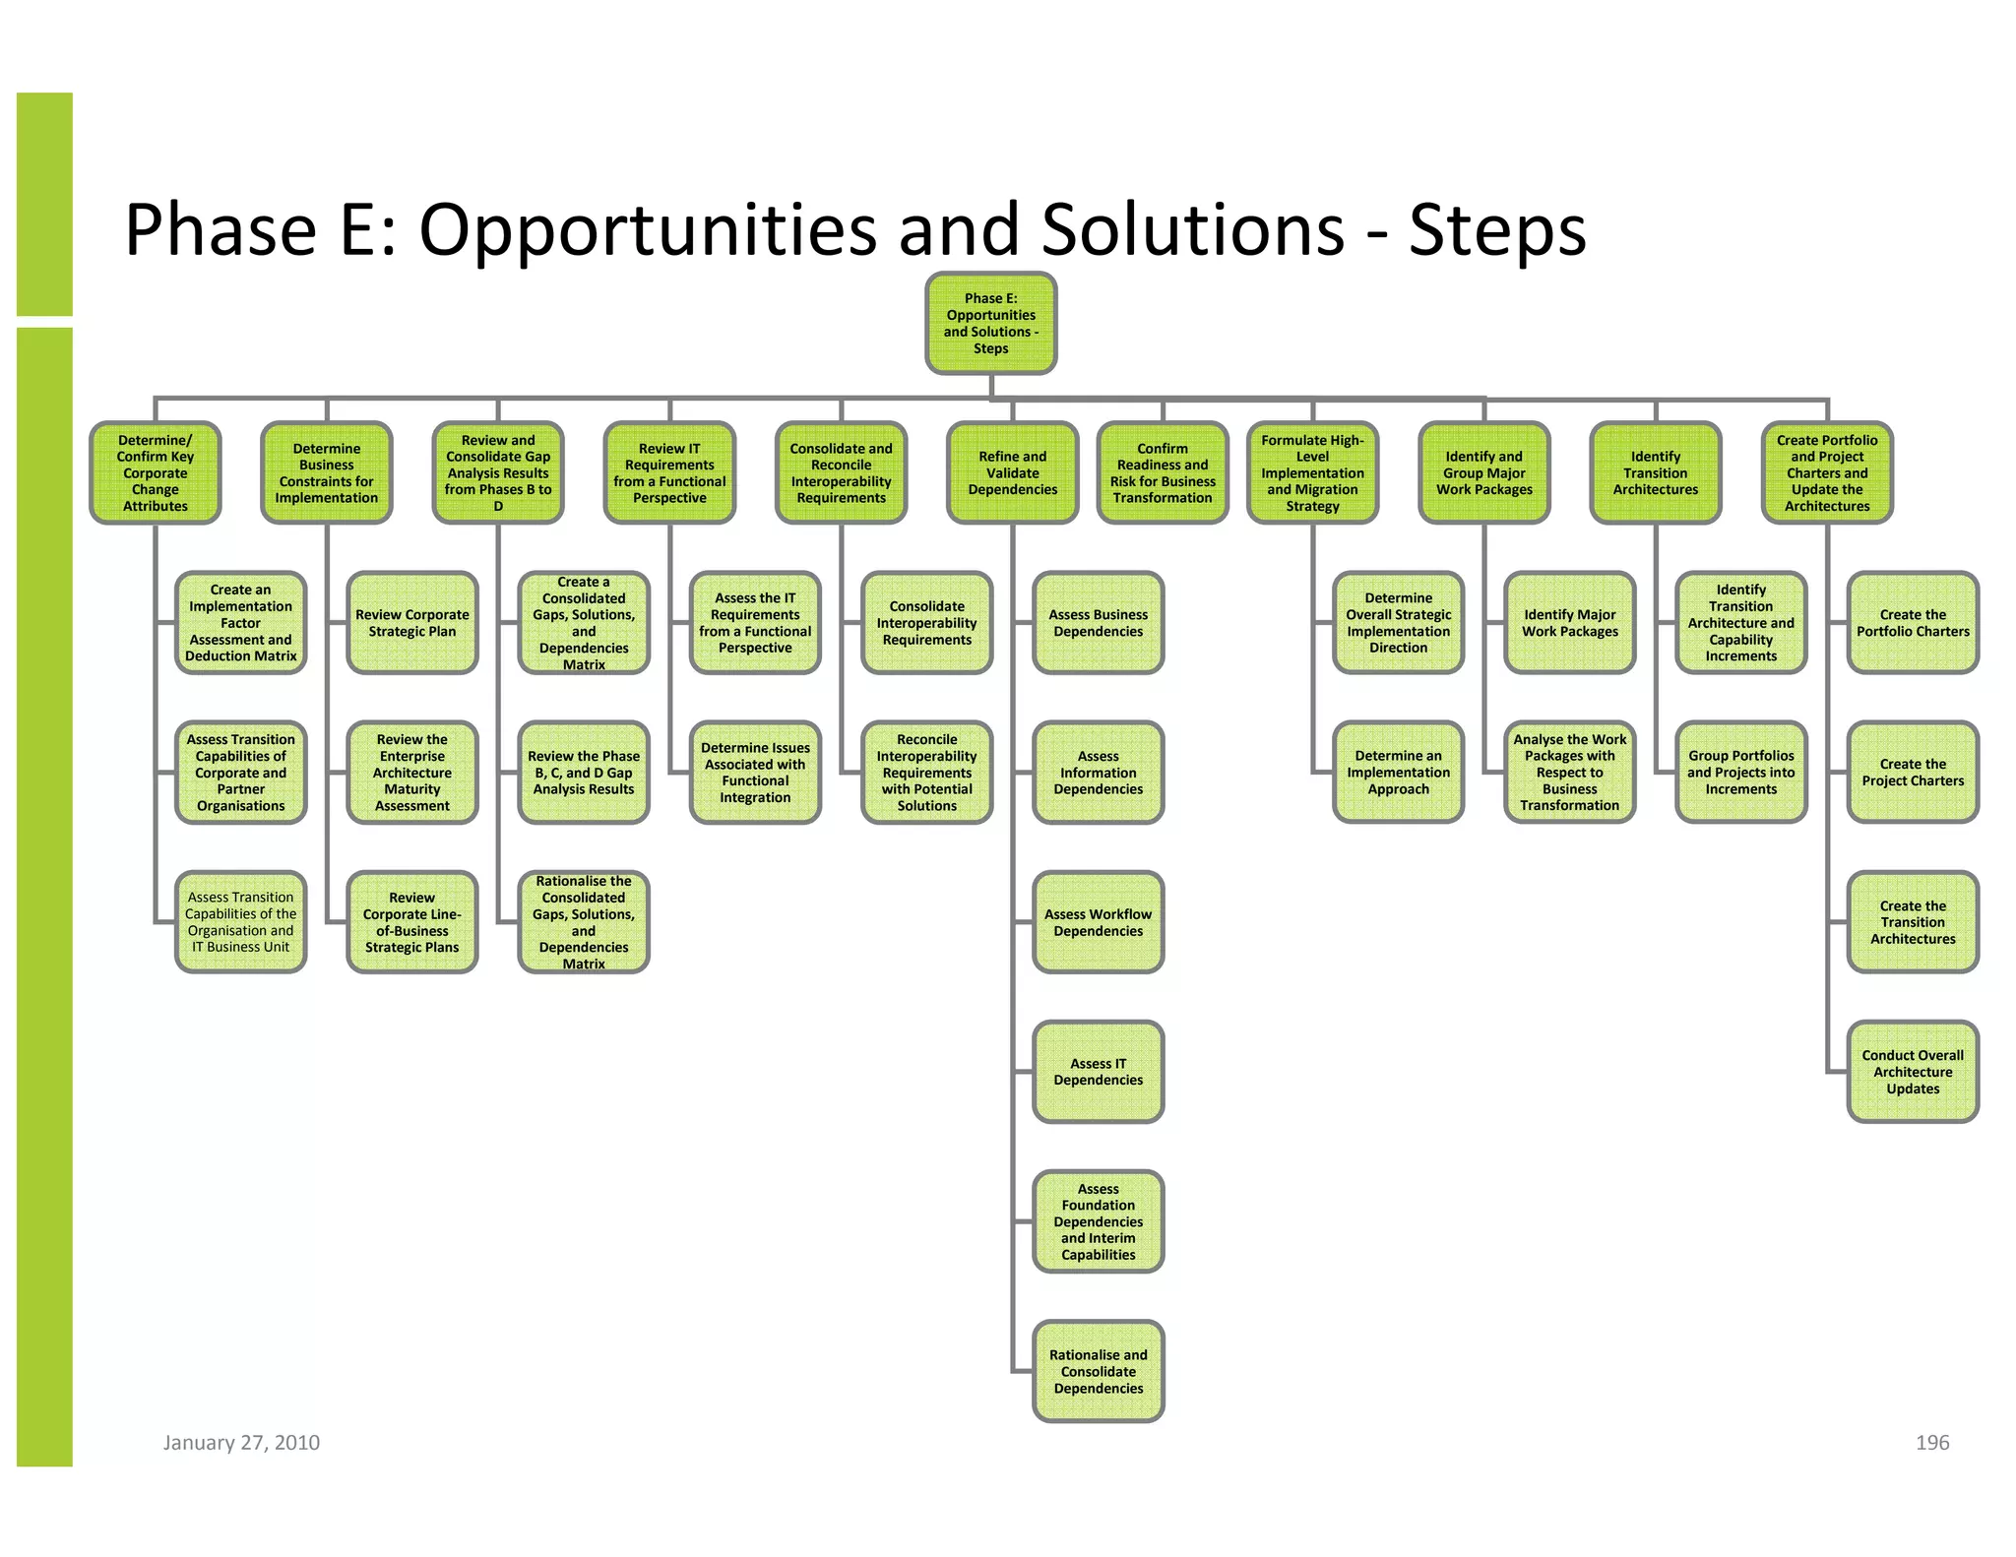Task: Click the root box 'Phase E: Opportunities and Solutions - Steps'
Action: tap(990, 324)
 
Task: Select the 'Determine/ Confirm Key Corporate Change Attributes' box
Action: tap(156, 473)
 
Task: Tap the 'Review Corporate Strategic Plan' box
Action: tap(412, 623)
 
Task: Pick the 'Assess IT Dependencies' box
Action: tap(1098, 1072)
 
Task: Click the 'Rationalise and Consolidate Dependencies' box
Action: tap(1098, 1371)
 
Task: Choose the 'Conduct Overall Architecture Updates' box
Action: tap(1913, 1072)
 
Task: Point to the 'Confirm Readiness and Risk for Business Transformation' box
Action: tap(1163, 473)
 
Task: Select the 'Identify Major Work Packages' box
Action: tap(1569, 623)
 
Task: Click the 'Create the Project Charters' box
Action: tap(1913, 773)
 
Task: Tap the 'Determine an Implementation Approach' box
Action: tap(1398, 773)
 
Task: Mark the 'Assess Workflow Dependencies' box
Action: tap(1098, 922)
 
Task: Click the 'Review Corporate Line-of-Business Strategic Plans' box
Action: tap(412, 922)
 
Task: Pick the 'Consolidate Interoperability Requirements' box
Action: tap(926, 623)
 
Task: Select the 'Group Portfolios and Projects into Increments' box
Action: tap(1740, 773)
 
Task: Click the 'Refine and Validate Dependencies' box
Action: tap(1012, 473)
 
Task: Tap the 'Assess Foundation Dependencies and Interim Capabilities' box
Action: tap(1098, 1221)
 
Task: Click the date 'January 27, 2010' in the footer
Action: tap(241, 1443)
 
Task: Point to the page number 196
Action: tap(1931, 1443)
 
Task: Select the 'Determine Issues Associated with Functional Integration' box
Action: tap(755, 773)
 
